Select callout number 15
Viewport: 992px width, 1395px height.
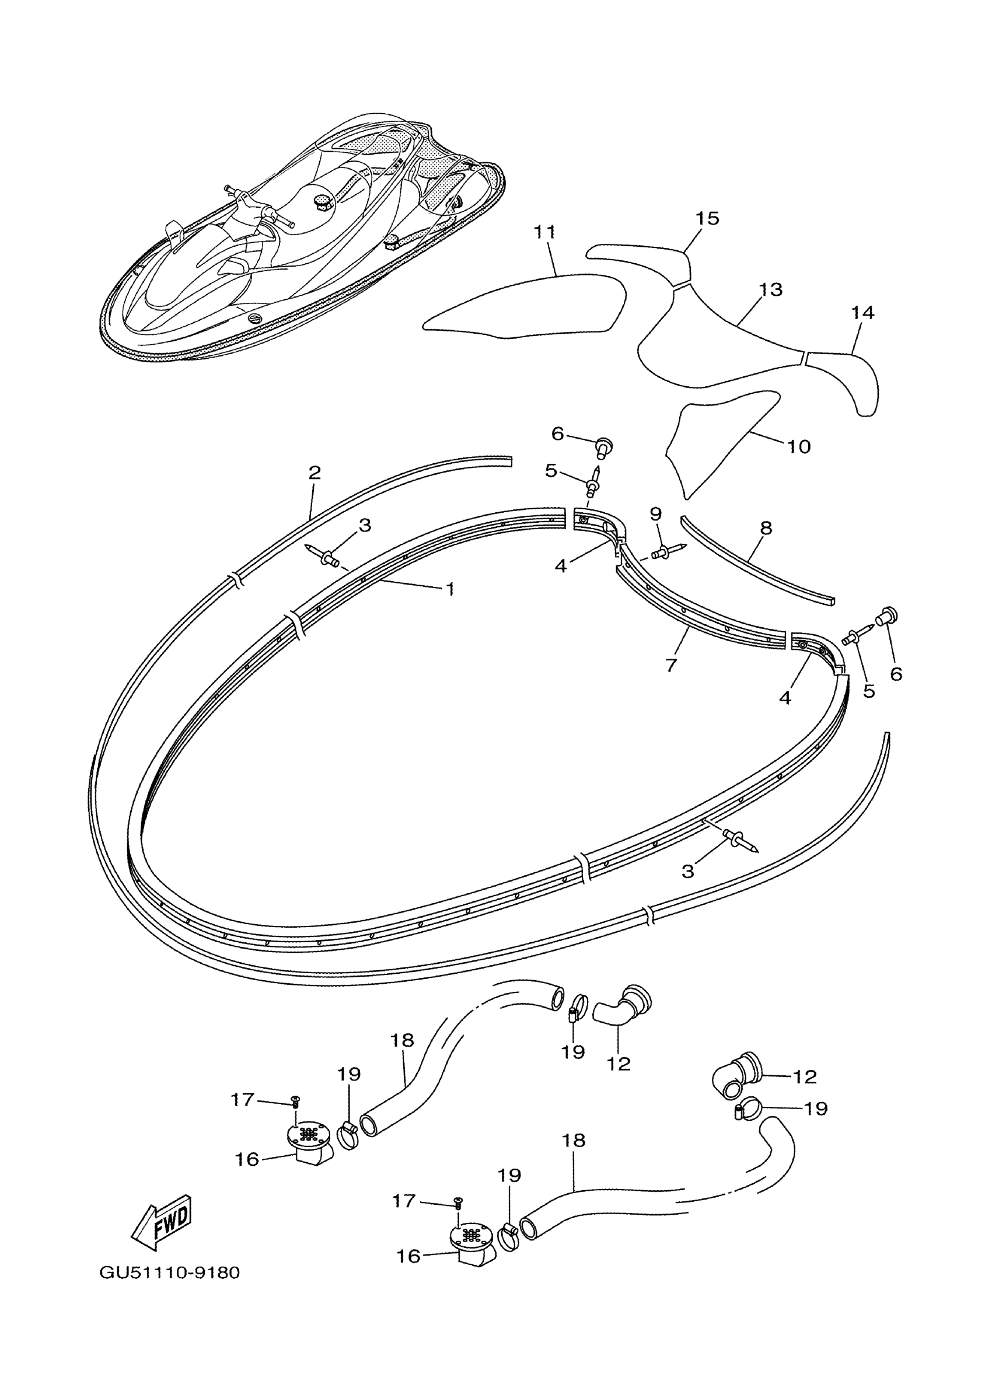[x=707, y=218]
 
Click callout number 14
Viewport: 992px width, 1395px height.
[x=862, y=313]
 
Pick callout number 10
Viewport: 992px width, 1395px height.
[x=798, y=446]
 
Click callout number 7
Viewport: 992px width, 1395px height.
[x=671, y=665]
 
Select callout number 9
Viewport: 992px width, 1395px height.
[x=655, y=513]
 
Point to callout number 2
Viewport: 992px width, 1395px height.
[x=315, y=472]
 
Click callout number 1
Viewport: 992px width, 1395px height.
[x=450, y=589]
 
